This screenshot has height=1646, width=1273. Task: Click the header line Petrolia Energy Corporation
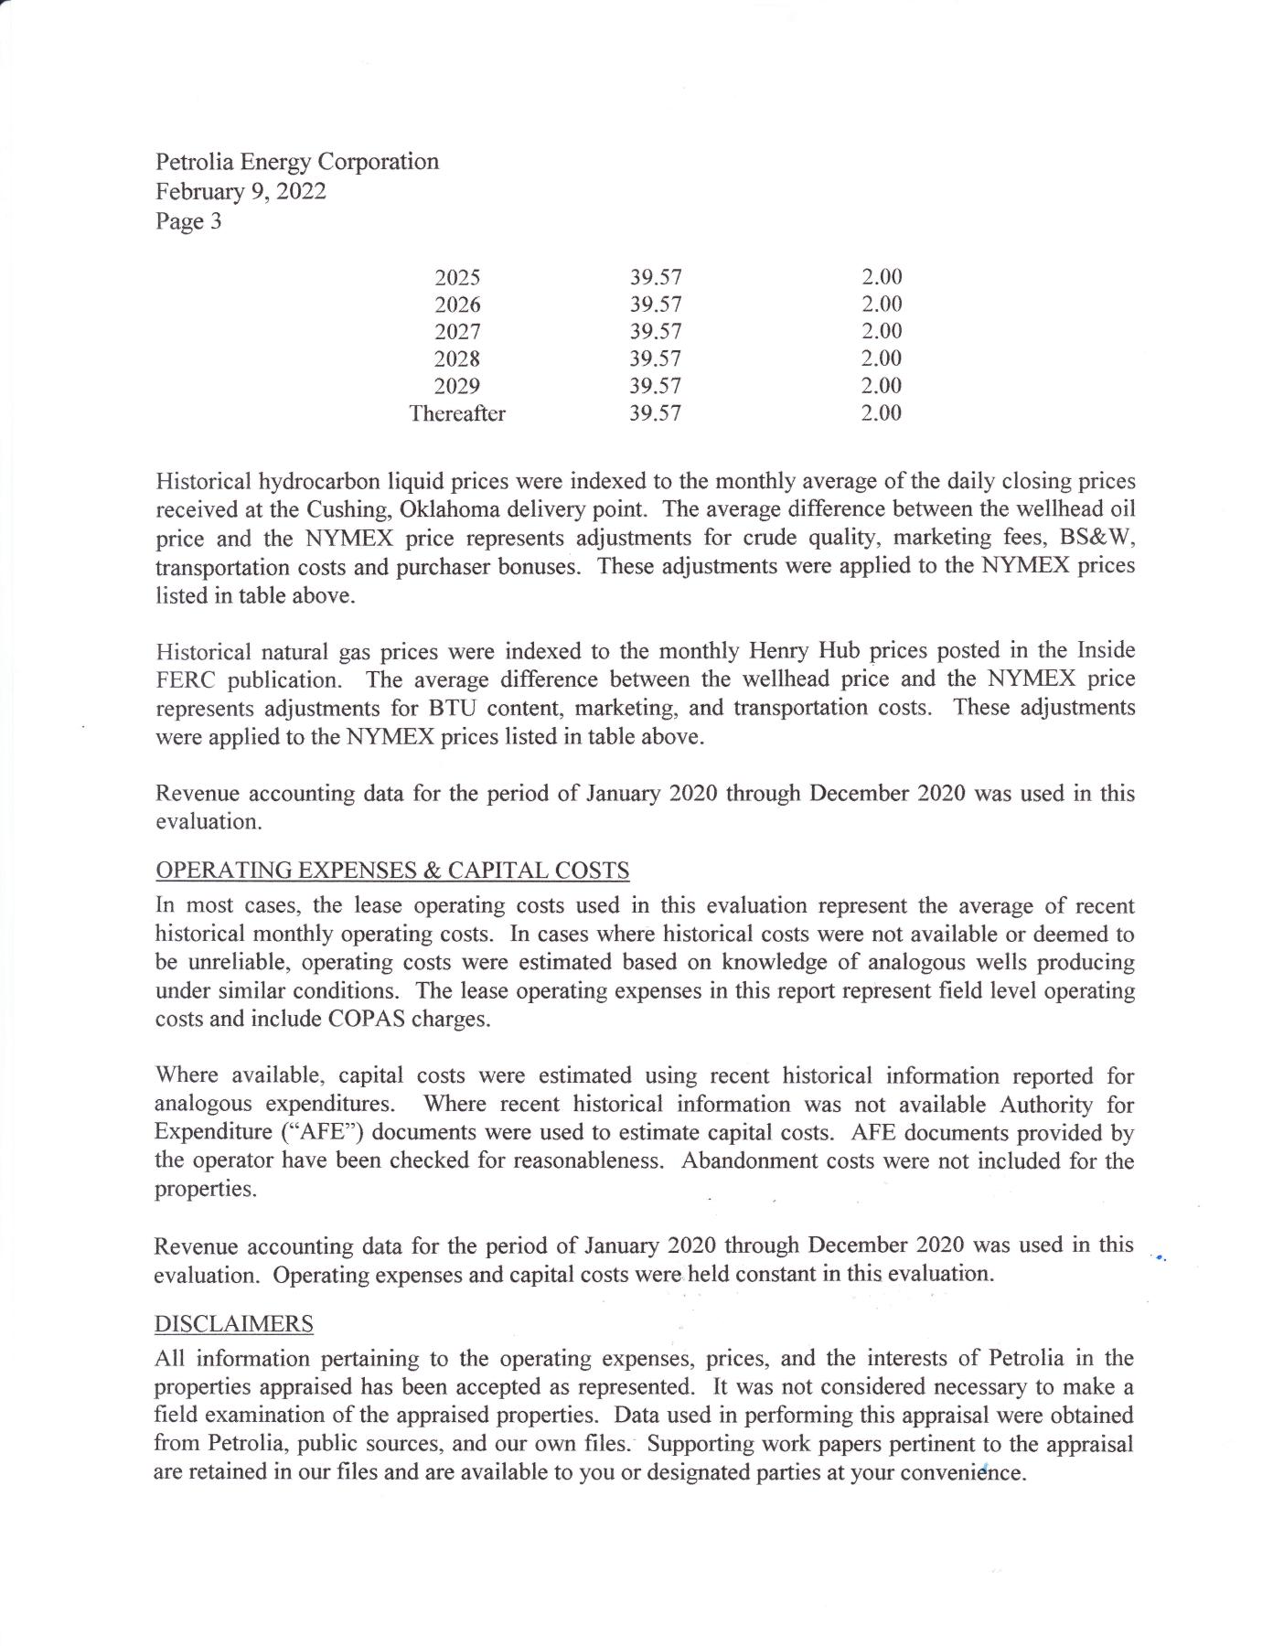[x=297, y=162]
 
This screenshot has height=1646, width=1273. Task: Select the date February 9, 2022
[x=241, y=191]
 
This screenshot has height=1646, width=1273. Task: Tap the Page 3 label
[x=188, y=221]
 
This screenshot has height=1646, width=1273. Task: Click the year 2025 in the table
[x=457, y=277]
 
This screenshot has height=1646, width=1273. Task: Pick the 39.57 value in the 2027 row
[x=656, y=331]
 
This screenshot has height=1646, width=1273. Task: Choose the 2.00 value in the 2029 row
[x=882, y=386]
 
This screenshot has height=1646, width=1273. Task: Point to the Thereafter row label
[x=457, y=413]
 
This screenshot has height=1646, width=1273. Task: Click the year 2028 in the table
[x=457, y=358]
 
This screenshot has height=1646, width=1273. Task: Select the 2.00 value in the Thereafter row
[x=882, y=413]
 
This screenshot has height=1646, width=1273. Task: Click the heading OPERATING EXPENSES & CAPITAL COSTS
[x=392, y=870]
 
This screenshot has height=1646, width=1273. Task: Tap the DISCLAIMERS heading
[x=234, y=1323]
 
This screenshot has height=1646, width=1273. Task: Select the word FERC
[x=185, y=680]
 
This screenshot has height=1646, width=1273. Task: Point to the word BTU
[x=445, y=709]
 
